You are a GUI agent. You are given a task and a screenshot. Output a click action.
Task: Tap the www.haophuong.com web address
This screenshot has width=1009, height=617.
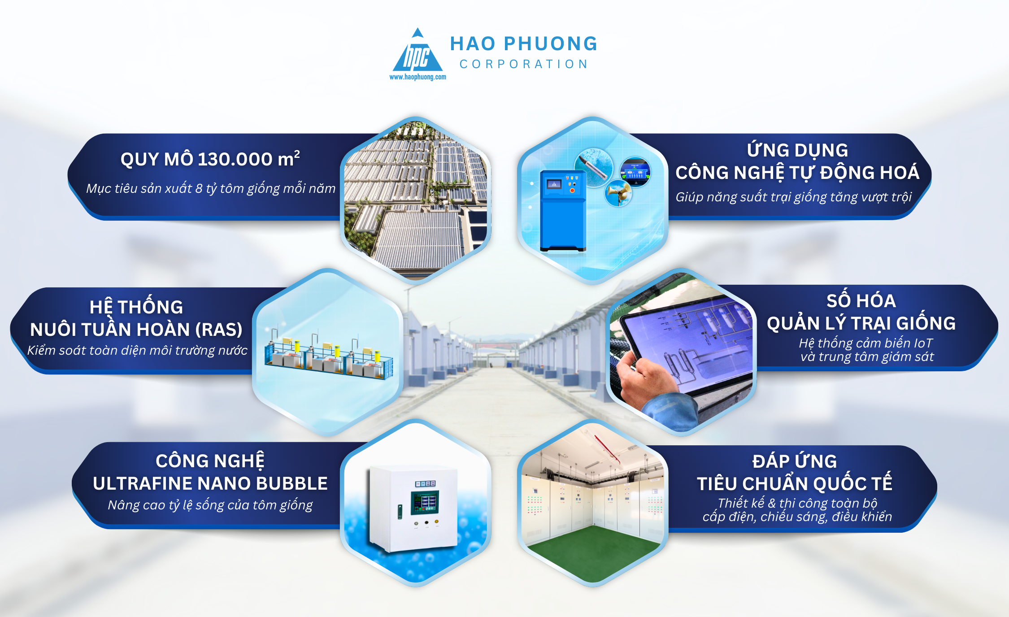tap(418, 77)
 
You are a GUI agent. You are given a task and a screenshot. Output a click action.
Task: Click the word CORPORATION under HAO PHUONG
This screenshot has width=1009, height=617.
tap(524, 64)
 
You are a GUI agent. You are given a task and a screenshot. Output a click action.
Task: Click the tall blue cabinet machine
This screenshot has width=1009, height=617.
tap(562, 210)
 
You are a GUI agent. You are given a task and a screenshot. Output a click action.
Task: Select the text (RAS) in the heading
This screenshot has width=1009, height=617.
tap(219, 330)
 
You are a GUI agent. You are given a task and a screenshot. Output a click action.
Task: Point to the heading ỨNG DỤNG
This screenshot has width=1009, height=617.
tap(797, 150)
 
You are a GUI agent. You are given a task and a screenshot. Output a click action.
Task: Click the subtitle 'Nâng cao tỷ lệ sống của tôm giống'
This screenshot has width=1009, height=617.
tap(210, 505)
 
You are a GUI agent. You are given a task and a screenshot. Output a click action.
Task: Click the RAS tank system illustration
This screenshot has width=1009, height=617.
tap(329, 354)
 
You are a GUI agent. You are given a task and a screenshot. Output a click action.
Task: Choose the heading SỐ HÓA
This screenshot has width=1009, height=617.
tap(861, 301)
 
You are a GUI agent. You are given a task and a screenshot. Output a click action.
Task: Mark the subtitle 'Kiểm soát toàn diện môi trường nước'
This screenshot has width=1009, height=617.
tap(137, 350)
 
